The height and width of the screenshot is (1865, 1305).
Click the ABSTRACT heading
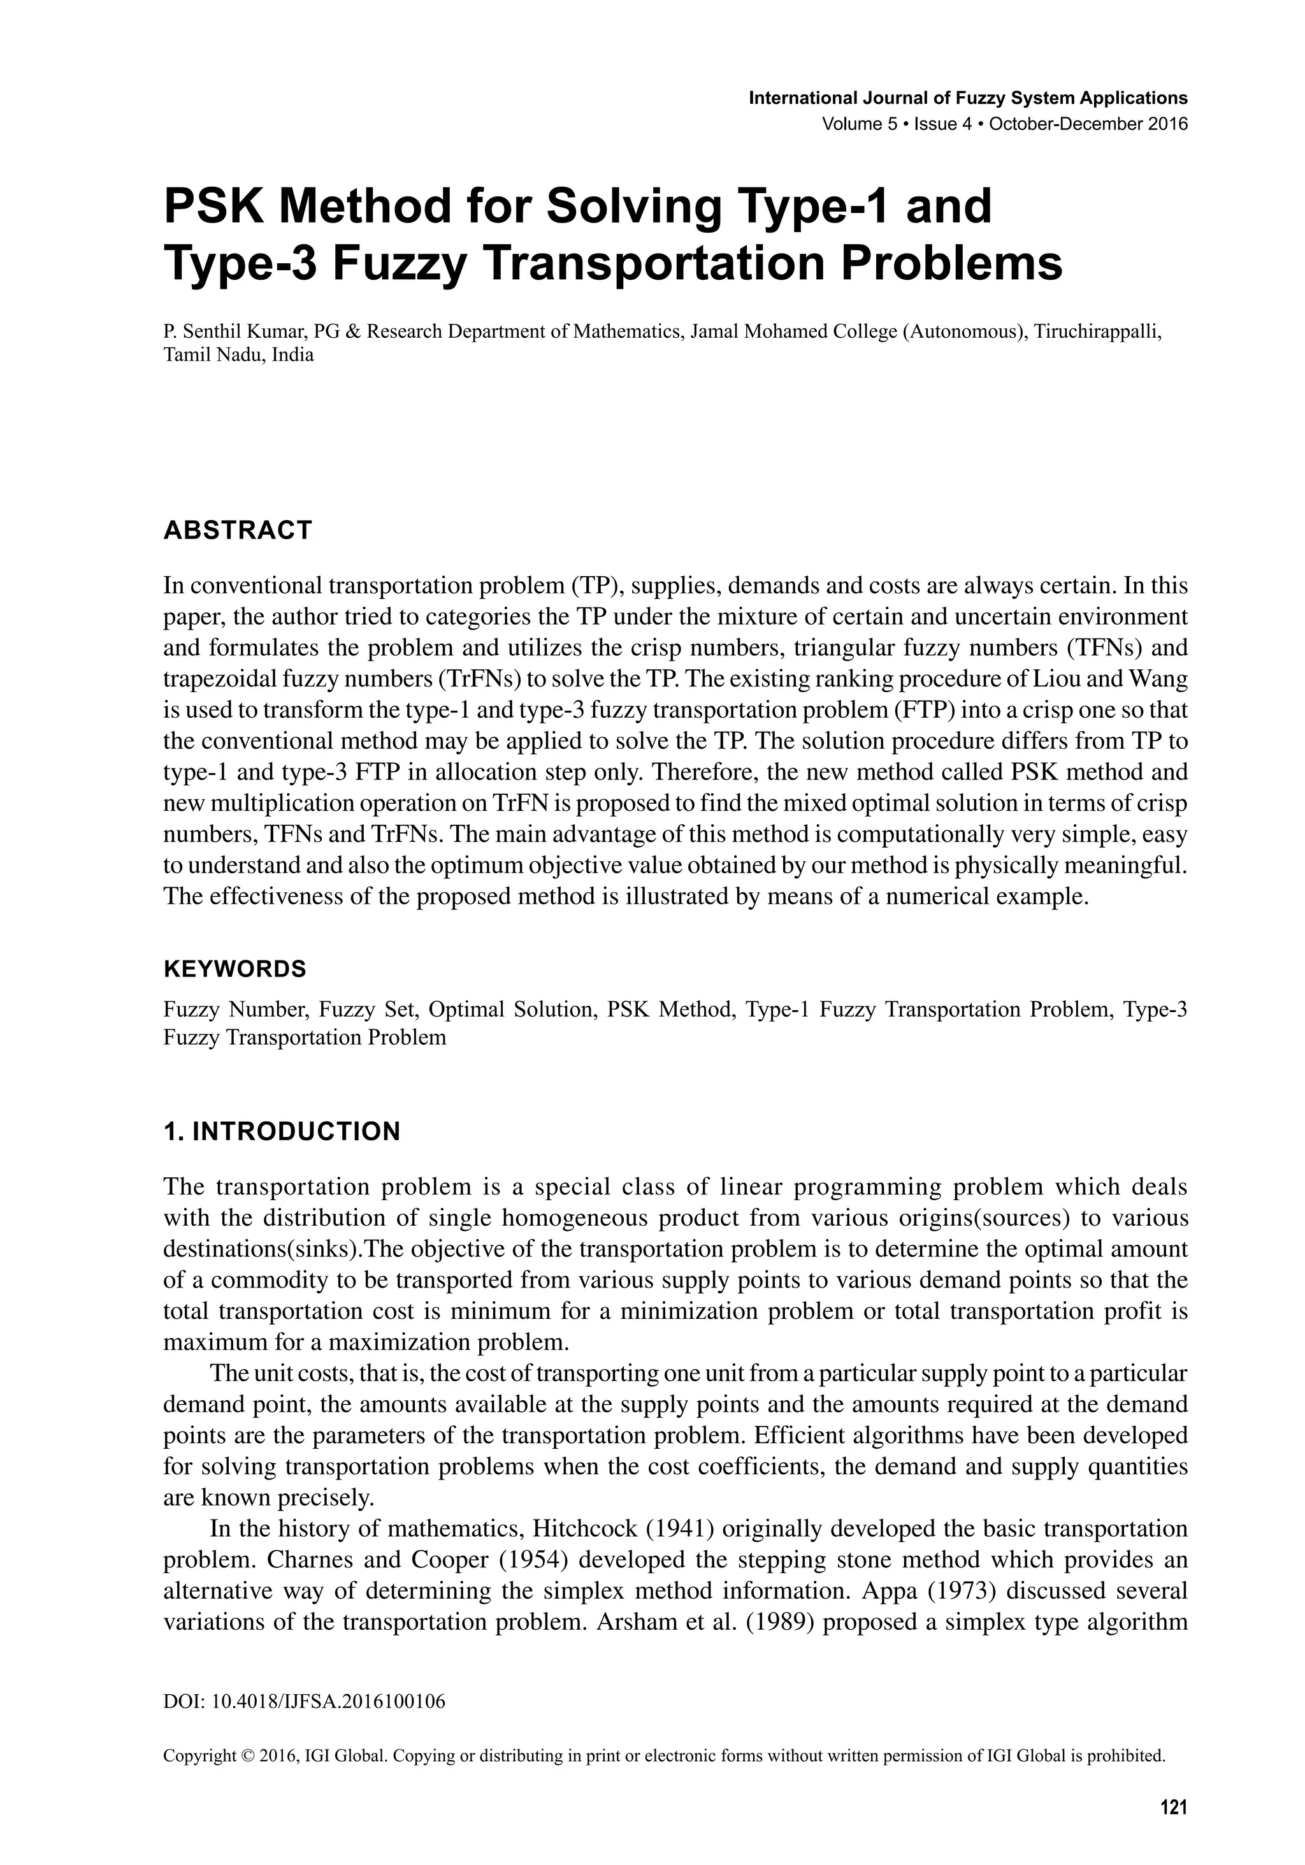(237, 530)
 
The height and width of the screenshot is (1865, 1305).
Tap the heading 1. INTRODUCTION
(282, 1131)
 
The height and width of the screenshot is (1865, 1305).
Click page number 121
(1174, 1806)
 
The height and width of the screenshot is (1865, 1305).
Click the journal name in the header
(967, 98)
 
